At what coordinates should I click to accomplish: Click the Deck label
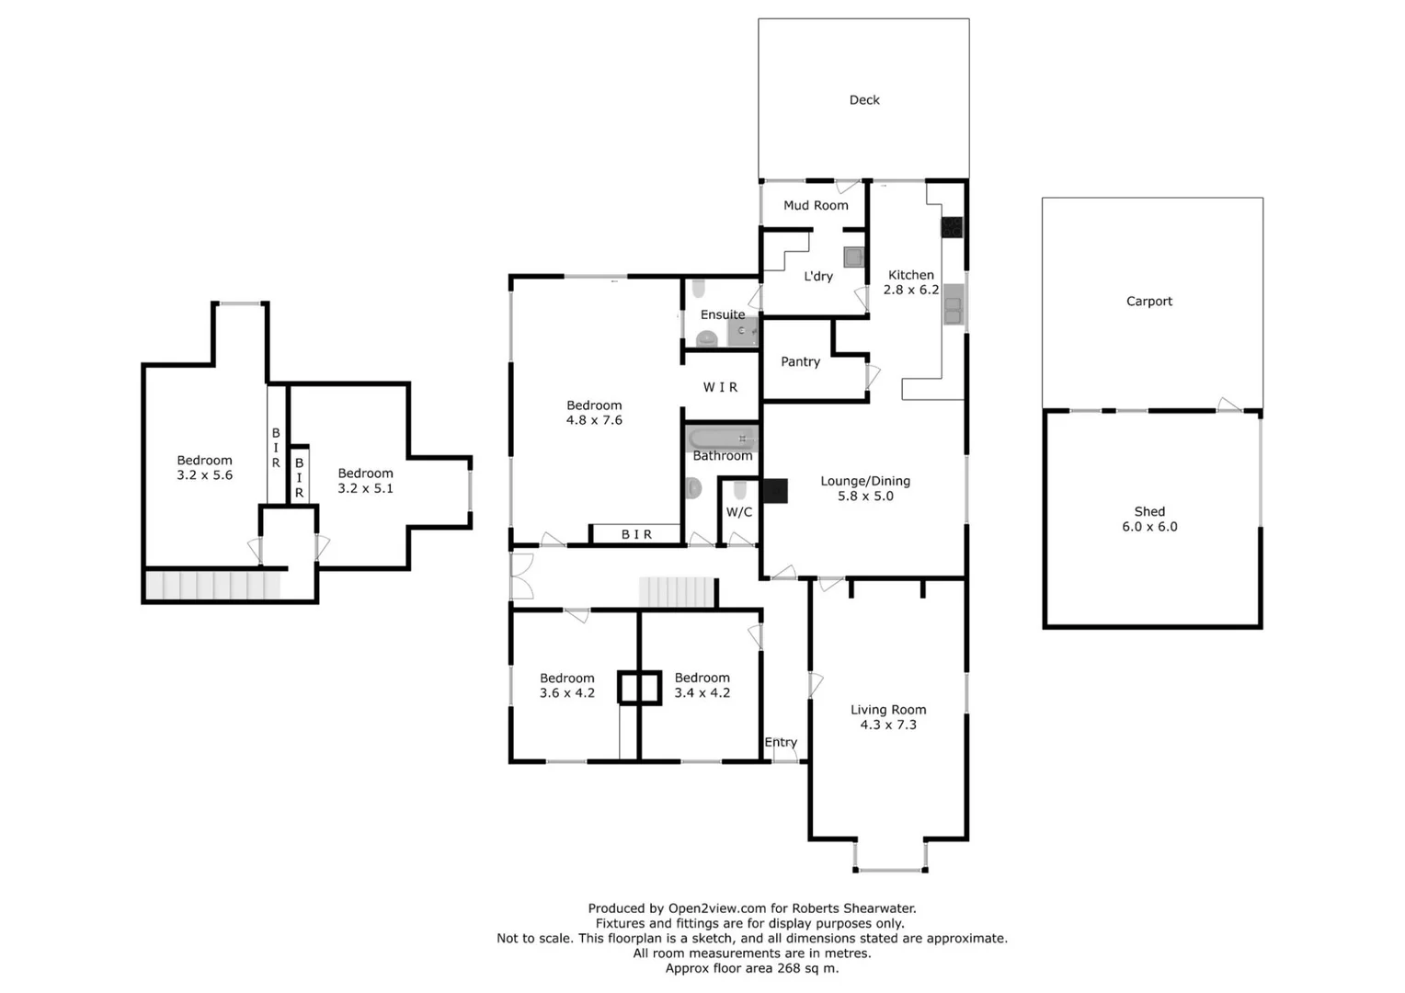863,99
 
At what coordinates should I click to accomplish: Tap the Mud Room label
816,205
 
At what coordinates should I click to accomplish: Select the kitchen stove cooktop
952,227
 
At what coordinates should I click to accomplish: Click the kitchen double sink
953,304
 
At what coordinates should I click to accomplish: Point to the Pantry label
800,361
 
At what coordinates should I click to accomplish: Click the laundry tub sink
853,257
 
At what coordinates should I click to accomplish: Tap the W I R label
720,387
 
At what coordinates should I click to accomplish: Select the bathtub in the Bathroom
722,439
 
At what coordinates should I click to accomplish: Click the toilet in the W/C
739,489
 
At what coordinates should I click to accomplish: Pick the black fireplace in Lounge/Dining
775,491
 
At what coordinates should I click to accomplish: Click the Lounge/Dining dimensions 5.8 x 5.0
865,496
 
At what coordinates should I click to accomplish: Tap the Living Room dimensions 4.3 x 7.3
888,725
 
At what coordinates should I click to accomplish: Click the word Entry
781,742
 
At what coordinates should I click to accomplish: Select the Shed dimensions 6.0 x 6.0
1149,527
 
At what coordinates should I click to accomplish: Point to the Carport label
1149,301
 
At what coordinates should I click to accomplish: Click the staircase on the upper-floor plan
213,585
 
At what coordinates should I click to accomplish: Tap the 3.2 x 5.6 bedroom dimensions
204,474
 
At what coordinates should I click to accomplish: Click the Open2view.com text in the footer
717,908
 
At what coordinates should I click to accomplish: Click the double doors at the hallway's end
522,576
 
